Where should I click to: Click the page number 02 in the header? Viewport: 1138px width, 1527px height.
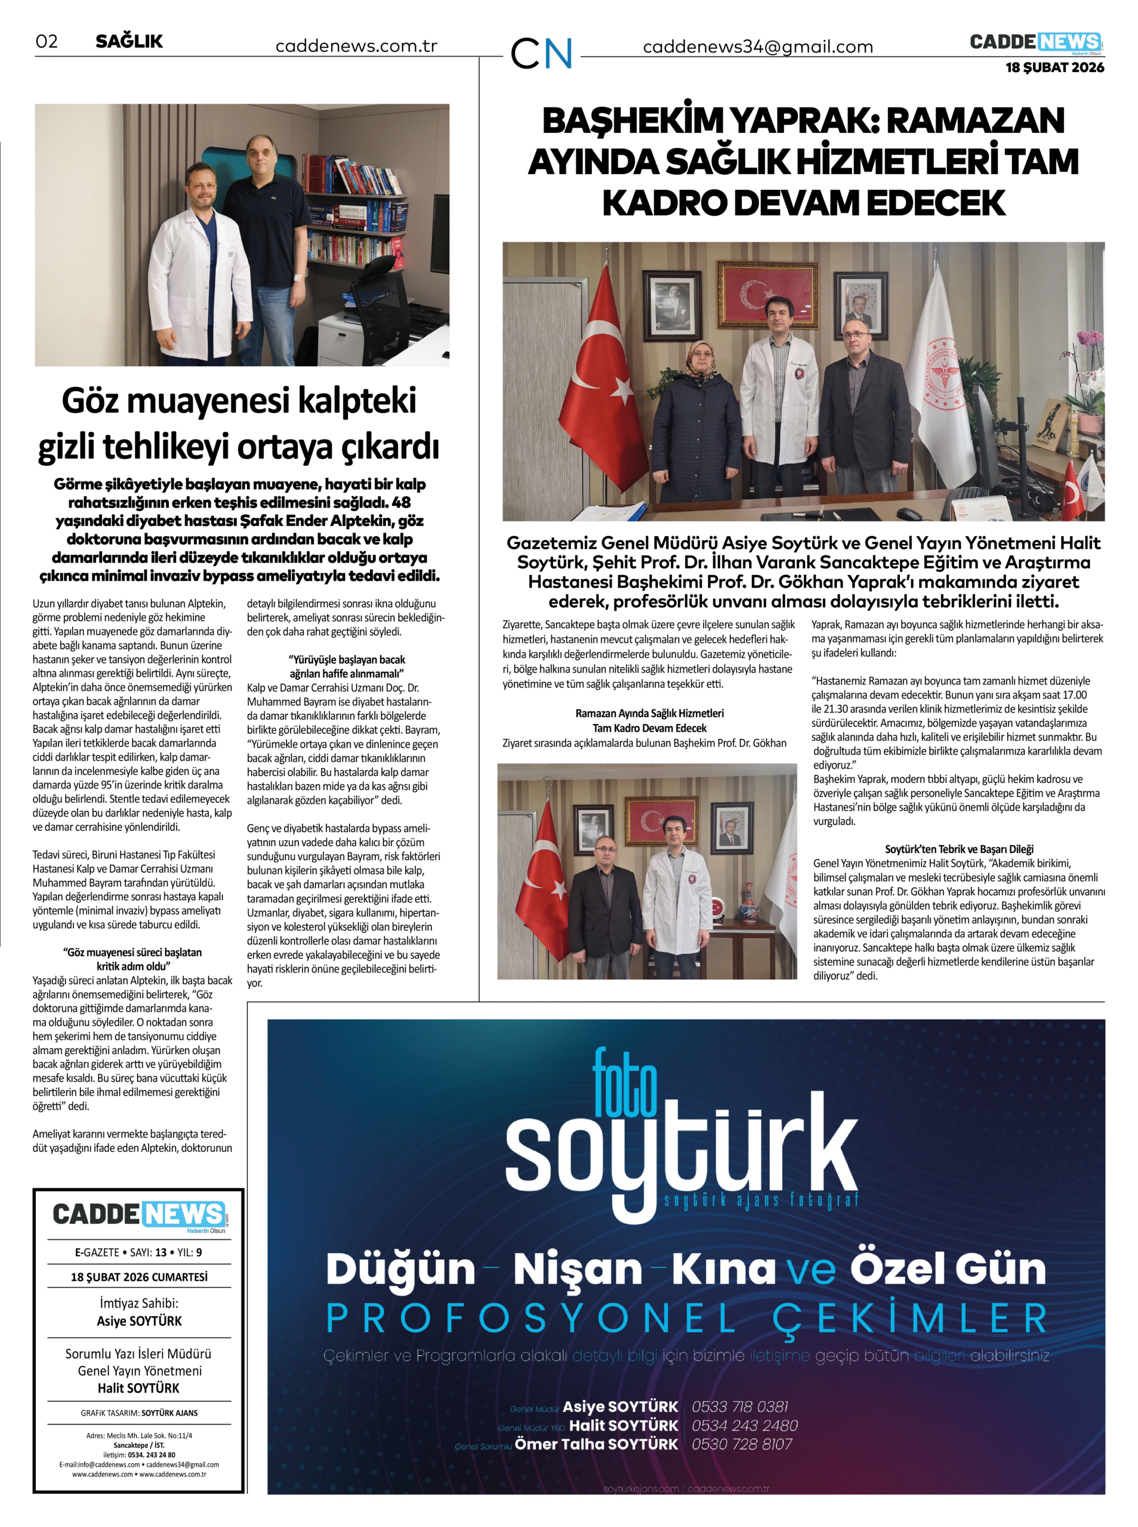47,41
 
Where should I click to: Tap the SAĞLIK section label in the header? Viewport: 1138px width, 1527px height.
129,41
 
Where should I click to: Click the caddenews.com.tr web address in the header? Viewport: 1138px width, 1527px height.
356,46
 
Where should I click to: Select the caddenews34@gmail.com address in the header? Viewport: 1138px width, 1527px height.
758,47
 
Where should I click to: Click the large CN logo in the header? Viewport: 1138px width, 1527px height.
541,52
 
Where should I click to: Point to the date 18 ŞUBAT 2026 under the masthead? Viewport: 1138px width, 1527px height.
1054,67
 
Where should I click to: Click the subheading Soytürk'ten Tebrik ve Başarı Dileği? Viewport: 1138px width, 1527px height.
959,849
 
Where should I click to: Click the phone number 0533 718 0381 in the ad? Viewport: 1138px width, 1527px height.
740,1406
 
